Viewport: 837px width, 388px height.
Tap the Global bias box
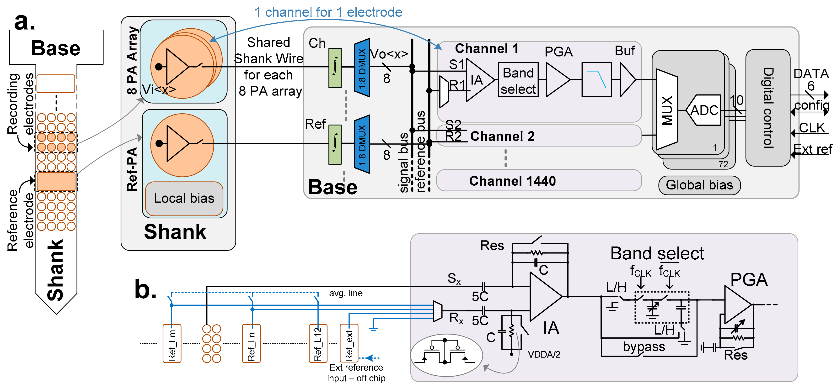tap(699, 185)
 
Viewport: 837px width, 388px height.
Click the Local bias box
tap(184, 198)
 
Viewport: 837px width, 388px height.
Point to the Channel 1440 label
tap(512, 181)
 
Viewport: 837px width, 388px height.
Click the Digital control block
tap(768, 108)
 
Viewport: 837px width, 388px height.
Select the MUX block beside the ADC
tap(667, 110)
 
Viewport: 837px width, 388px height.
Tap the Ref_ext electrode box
tap(349, 343)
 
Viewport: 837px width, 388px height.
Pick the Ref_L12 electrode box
tap(318, 343)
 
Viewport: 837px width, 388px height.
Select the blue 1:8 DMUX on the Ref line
tap(362, 144)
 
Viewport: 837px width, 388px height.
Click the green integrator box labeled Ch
tap(335, 68)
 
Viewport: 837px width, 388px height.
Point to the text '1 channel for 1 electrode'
tap(328, 12)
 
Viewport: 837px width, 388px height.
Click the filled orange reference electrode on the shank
tap(56, 182)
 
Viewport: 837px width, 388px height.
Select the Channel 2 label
tap(502, 136)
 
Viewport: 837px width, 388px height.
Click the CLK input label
tap(812, 128)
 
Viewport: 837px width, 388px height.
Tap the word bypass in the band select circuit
tap(644, 346)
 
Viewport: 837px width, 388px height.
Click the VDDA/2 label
tap(544, 354)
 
